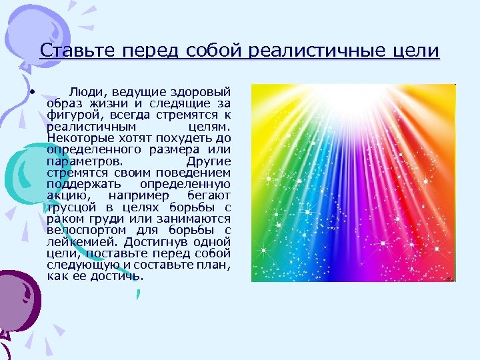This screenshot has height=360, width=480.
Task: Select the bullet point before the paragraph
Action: (31, 91)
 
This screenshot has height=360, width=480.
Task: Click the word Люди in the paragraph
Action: (84, 91)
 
